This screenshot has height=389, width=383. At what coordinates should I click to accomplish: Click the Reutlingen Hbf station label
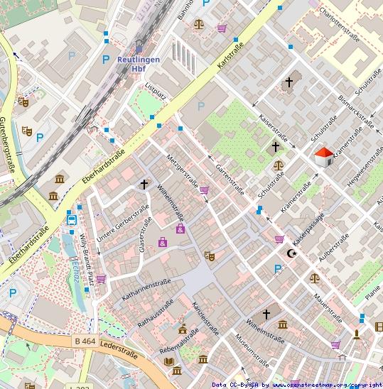(x=139, y=64)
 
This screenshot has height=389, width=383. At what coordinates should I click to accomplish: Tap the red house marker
(x=324, y=158)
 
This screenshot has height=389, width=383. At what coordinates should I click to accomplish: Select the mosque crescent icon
(x=291, y=253)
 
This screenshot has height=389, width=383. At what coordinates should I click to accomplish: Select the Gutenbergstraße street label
(x=9, y=146)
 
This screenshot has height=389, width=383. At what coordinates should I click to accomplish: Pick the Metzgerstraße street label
(x=182, y=170)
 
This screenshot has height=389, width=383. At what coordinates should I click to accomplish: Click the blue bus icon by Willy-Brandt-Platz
(x=72, y=219)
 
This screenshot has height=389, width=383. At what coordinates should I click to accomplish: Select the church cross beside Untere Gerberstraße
(x=144, y=185)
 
